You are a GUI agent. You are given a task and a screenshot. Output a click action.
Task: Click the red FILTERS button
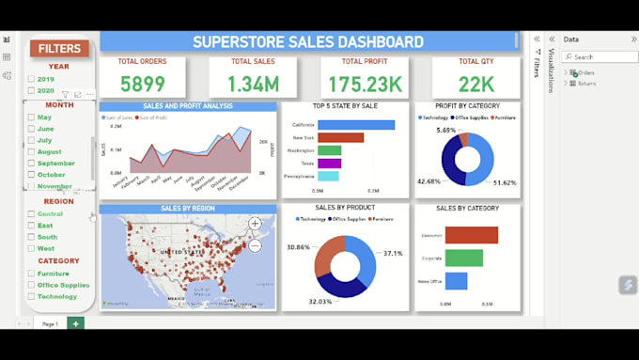point(59,48)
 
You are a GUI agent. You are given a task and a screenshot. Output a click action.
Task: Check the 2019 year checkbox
point(32,80)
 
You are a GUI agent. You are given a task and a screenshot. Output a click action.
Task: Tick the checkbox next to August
point(32,151)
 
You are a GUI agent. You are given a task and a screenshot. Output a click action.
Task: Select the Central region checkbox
point(32,214)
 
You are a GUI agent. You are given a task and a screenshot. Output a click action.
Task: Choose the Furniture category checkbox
point(32,274)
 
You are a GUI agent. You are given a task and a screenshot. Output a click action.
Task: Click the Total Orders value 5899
point(142,84)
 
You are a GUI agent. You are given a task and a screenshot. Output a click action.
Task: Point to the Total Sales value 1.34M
point(254,84)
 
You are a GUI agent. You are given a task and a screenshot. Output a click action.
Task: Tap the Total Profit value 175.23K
point(365,84)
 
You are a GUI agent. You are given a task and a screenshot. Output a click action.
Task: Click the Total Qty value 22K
point(475,84)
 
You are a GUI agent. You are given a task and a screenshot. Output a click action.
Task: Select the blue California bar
point(355,125)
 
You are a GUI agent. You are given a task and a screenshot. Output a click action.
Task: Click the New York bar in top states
point(340,137)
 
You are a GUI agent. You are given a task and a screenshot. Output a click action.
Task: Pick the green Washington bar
point(329,150)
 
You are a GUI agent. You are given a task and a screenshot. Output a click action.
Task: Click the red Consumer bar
point(471,235)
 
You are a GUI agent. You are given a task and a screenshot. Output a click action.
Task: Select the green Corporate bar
point(463,258)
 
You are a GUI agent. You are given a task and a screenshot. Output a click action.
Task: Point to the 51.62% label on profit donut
point(505,181)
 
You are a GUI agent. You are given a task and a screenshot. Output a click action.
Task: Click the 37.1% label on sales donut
point(392,253)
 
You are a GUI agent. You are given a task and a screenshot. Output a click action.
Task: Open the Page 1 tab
point(50,323)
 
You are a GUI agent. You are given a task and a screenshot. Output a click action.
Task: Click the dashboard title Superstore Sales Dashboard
point(307,41)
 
